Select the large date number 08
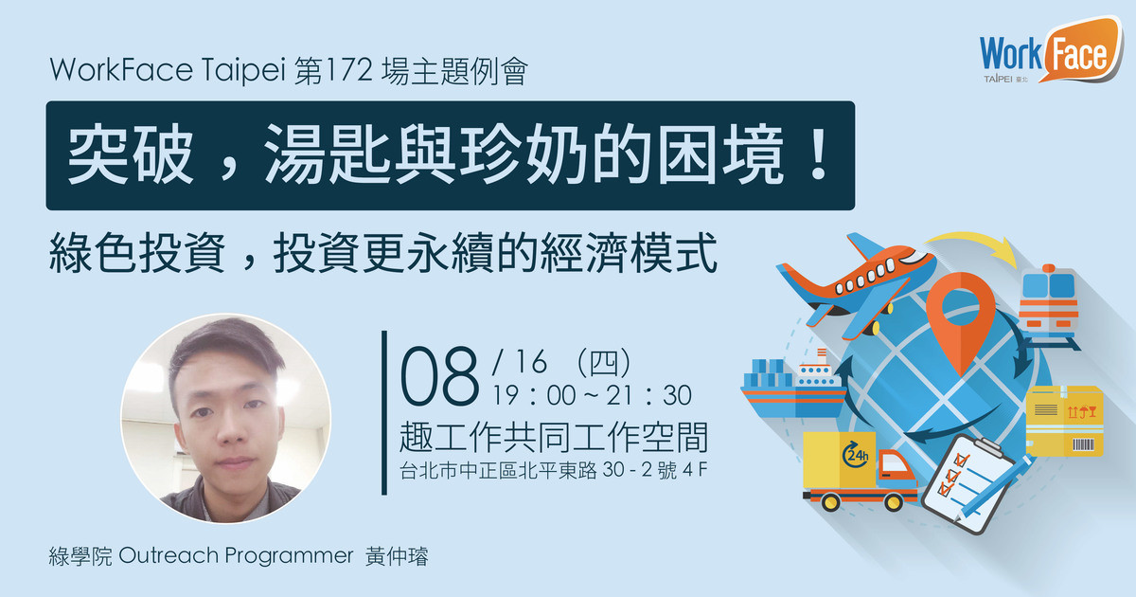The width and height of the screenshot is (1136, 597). pyautogui.click(x=439, y=375)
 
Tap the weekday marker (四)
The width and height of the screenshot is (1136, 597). pyautogui.click(x=604, y=362)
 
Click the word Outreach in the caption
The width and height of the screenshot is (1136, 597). pyautogui.click(x=169, y=556)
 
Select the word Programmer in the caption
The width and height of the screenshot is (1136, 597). pyautogui.click(x=289, y=557)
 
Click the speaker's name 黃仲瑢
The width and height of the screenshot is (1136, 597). pyautogui.click(x=397, y=556)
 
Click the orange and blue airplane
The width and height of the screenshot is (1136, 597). pyautogui.click(x=857, y=285)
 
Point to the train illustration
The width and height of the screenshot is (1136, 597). pyautogui.click(x=1049, y=307)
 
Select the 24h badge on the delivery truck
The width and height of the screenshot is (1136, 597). pyautogui.click(x=856, y=454)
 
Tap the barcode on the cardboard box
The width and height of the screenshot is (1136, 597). pyautogui.click(x=1083, y=445)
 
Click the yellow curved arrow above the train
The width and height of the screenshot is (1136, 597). pyautogui.click(x=974, y=245)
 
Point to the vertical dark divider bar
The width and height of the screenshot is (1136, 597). pyautogui.click(x=384, y=412)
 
